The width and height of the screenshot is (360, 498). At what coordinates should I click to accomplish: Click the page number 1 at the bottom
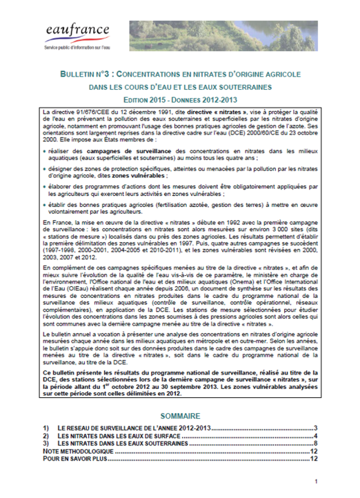315,481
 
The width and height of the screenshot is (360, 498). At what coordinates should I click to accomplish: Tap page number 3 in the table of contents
314,429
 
